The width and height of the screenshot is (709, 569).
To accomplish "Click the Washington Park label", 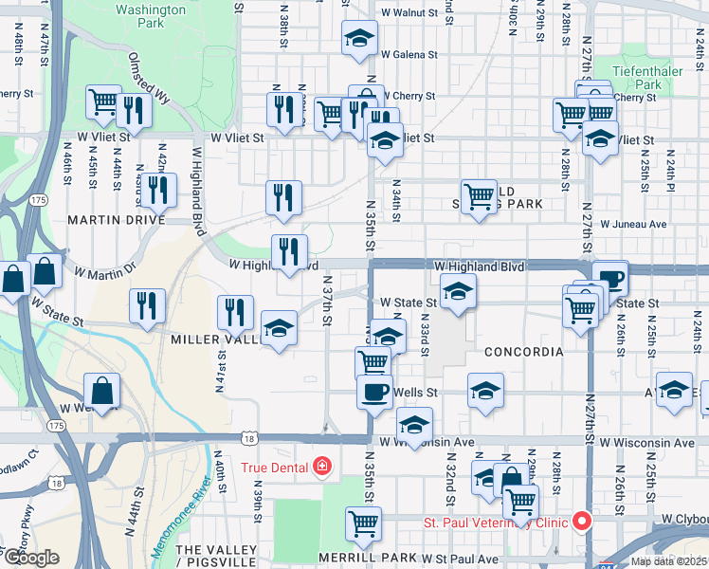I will [150, 16].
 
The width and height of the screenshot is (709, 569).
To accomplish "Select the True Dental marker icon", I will [323, 467].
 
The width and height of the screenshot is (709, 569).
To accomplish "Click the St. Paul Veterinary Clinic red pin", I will [580, 522].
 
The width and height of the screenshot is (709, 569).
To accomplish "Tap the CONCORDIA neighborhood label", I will [523, 352].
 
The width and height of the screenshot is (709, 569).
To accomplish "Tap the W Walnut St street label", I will [409, 14].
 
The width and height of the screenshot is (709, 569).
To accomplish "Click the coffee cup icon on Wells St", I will [374, 391].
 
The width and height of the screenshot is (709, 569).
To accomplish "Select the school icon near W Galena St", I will [358, 39].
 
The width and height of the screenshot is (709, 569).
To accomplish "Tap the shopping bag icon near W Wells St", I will [101, 390].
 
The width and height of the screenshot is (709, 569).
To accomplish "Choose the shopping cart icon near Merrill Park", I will [363, 523].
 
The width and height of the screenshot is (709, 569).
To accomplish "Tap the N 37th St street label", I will [326, 301].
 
